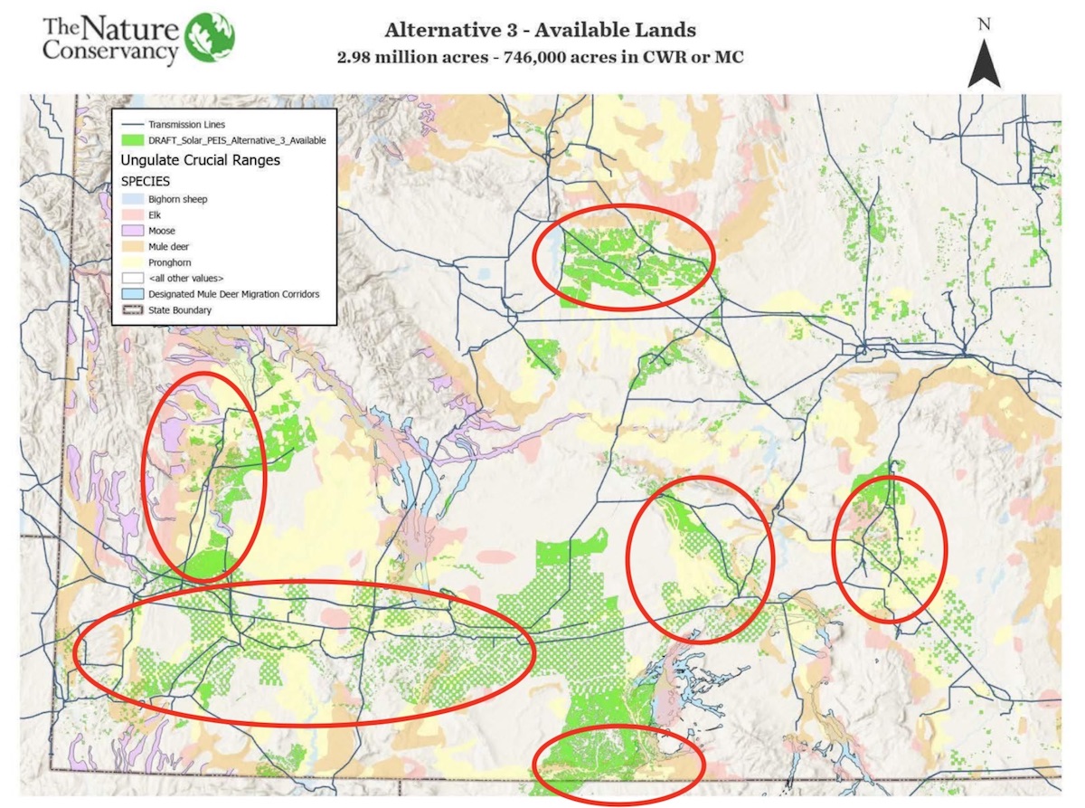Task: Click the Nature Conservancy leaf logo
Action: [x=210, y=37]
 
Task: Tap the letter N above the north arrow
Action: [x=984, y=24]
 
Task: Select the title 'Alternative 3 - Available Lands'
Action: [x=540, y=29]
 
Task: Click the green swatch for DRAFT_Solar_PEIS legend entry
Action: [x=132, y=140]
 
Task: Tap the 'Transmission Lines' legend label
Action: [x=187, y=124]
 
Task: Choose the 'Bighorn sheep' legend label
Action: [x=177, y=198]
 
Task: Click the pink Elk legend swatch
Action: [x=132, y=214]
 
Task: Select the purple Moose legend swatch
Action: [x=132, y=231]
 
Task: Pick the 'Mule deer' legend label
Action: [x=169, y=246]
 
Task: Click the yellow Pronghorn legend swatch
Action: [x=132, y=262]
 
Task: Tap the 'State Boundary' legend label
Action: [x=181, y=310]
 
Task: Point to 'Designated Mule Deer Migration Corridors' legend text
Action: [x=233, y=294]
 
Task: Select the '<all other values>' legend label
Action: [x=186, y=278]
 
